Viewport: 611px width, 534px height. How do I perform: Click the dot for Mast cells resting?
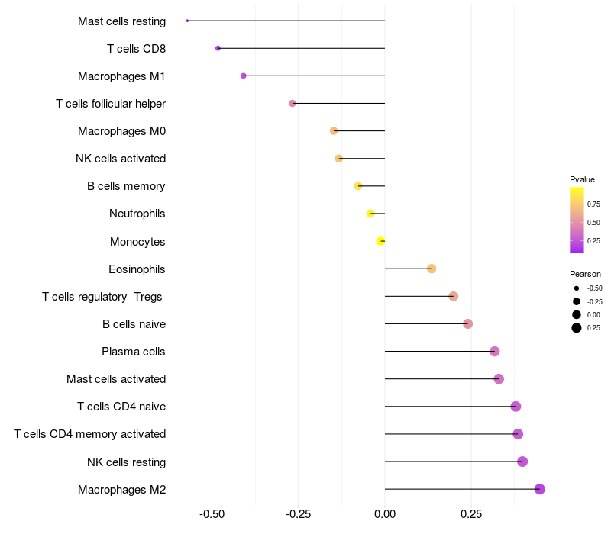pyautogui.click(x=187, y=21)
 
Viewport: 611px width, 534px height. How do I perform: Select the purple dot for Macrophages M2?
pyautogui.click(x=540, y=489)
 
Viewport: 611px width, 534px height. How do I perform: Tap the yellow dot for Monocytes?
pyautogui.click(x=380, y=241)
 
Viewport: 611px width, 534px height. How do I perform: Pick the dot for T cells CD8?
pyautogui.click(x=218, y=48)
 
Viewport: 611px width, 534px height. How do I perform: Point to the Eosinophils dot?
pyautogui.click(x=432, y=269)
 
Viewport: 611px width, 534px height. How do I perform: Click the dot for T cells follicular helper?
pyautogui.click(x=293, y=103)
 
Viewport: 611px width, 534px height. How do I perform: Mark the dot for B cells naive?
pyautogui.click(x=468, y=323)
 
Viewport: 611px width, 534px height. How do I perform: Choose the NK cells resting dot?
pyautogui.click(x=522, y=462)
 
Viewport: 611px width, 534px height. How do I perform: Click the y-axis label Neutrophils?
pyautogui.click(x=137, y=214)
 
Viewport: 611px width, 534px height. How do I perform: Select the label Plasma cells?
pyautogui.click(x=133, y=352)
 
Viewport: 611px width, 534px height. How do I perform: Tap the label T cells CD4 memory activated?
pyautogui.click(x=89, y=434)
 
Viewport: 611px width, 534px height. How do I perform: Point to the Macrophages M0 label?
pyautogui.click(x=121, y=131)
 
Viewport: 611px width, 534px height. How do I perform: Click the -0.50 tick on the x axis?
pyautogui.click(x=212, y=514)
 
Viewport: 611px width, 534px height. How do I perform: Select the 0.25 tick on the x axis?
pyautogui.click(x=471, y=514)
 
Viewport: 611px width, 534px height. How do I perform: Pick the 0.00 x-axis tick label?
pyautogui.click(x=385, y=514)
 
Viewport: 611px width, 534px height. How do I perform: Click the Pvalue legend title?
pyautogui.click(x=582, y=179)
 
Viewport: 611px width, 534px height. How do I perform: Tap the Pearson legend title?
pyautogui.click(x=585, y=274)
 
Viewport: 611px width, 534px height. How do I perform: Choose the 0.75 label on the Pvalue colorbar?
pyautogui.click(x=593, y=204)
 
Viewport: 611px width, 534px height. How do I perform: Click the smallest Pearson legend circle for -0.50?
pyautogui.click(x=577, y=288)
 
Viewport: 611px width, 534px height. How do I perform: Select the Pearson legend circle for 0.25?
pyautogui.click(x=577, y=328)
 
